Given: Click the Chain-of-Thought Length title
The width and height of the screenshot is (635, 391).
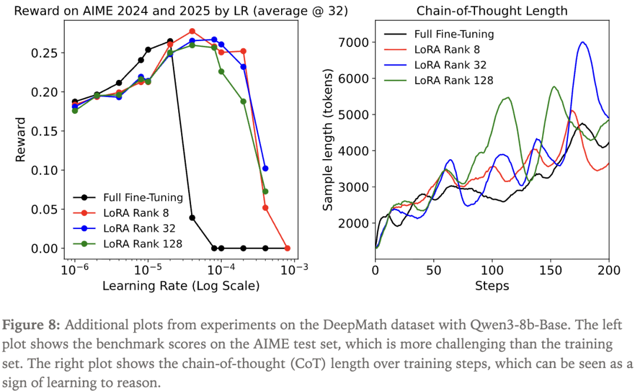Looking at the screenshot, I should pos(492,11).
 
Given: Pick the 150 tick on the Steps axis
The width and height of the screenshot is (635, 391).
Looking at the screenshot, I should pos(550,270).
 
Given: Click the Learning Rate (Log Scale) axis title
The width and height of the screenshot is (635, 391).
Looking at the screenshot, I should pos(181,286).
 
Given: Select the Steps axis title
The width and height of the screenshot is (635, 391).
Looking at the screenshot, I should pos(492,286).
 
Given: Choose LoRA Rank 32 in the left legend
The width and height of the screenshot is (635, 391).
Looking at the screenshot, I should pos(139,228).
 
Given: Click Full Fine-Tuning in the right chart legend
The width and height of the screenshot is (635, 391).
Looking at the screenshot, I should pos(453,34).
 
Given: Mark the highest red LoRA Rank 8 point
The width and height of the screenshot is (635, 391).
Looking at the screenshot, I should pos(192,31).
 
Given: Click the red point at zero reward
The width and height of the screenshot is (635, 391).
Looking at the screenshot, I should pos(288,248).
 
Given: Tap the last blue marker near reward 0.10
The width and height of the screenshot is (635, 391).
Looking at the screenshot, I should pos(265,168).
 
